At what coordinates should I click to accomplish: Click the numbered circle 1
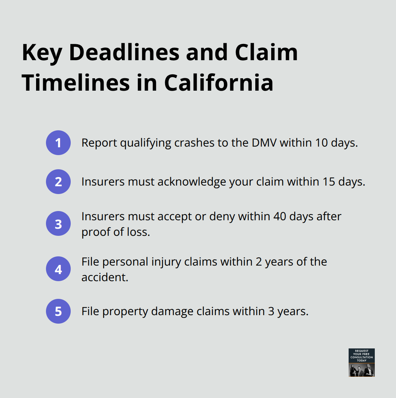pos(58,143)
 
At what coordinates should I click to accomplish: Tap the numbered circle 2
pos(58,182)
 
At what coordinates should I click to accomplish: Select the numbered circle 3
pos(58,224)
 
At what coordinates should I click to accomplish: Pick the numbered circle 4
pos(58,269)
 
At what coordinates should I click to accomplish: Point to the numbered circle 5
pos(58,311)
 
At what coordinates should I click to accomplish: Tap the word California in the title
pos(219,83)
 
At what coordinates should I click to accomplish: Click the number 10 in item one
pos(321,143)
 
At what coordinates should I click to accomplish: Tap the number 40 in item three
pos(280,216)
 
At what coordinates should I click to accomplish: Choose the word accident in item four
pos(104,277)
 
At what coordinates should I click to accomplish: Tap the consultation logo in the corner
pos(361,362)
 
